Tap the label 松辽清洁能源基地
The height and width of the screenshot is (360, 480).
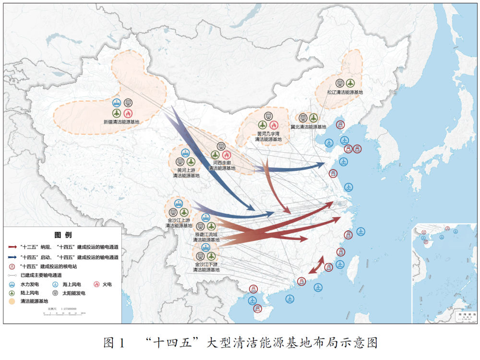(345, 92)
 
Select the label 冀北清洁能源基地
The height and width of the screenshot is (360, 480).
(308, 127)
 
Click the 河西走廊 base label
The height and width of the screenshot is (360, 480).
(221, 166)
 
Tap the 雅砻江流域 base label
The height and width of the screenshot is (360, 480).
(206, 237)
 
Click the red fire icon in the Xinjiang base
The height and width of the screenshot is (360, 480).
(128, 113)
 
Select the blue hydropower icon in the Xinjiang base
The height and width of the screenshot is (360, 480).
(117, 102)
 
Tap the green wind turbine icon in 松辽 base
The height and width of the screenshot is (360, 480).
(350, 83)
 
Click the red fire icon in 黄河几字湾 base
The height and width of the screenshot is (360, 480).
(274, 125)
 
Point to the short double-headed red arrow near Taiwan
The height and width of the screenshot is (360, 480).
(315, 265)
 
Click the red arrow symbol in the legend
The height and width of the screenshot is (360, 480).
(12, 247)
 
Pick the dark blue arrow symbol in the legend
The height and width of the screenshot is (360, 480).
(12, 258)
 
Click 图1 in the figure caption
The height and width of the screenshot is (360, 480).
(114, 343)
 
